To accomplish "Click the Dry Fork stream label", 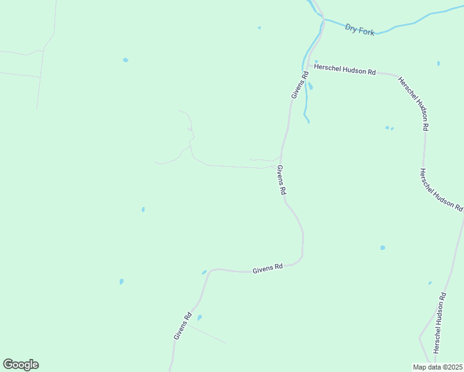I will (360, 30).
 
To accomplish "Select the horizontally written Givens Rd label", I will (268, 268).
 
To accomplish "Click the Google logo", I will (20, 365).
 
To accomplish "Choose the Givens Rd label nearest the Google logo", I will (182, 325).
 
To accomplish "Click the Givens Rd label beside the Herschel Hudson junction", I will (299, 86).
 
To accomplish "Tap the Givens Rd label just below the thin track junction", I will (281, 181).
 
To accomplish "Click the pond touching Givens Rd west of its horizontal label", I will (203, 272).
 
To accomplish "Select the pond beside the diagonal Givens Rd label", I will (199, 318).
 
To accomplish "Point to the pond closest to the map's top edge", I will (259, 27).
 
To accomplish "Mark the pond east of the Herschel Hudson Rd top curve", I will (438, 63).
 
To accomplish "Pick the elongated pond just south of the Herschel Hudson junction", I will (310, 86).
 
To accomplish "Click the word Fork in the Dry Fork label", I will (367, 31).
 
